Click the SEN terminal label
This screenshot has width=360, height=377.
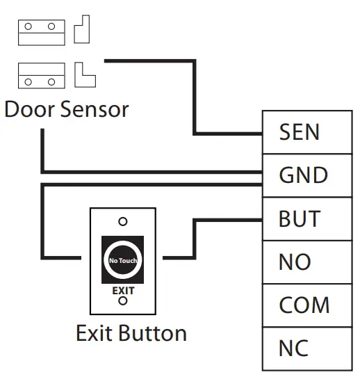click(299, 131)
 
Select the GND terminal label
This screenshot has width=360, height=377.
click(303, 175)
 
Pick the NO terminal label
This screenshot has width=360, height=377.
click(294, 262)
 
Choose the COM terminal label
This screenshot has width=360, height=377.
click(304, 305)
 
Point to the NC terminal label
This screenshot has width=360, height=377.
click(294, 348)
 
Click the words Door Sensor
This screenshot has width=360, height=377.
click(67, 109)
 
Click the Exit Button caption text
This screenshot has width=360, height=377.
click(131, 332)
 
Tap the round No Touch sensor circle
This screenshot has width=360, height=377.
click(123, 260)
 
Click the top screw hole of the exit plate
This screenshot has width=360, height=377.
click(123, 222)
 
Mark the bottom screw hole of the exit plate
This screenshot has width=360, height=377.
click(123, 301)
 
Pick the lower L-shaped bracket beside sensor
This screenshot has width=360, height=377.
click(83, 74)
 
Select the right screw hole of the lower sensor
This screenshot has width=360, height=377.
click(50, 81)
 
